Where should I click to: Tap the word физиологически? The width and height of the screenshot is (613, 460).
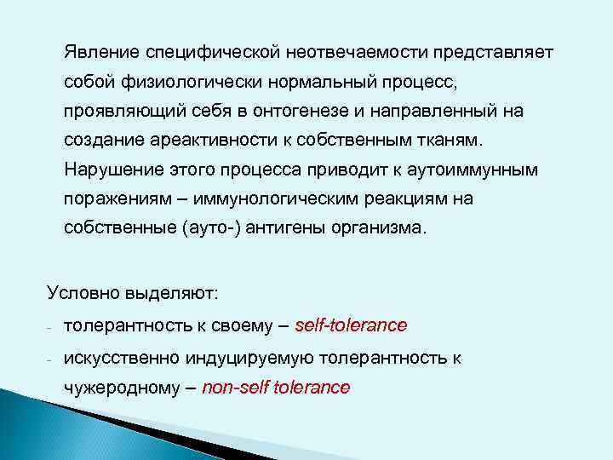[184, 83]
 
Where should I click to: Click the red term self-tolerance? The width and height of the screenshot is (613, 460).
[350, 325]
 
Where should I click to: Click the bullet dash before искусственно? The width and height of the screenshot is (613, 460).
[51, 359]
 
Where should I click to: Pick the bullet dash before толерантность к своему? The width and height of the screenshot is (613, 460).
[51, 327]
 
